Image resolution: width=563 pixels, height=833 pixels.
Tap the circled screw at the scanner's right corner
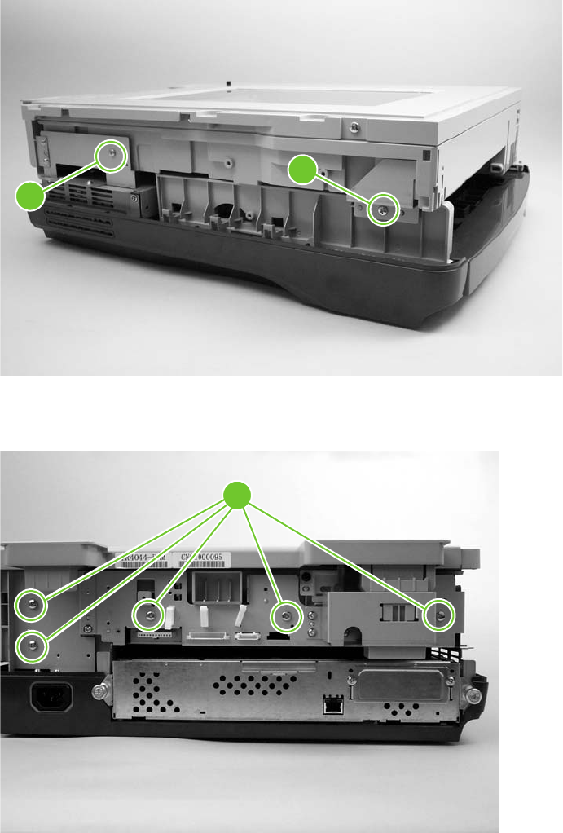382,209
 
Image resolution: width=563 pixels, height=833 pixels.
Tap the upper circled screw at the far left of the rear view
31,604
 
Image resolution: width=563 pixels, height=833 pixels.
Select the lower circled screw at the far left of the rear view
32,645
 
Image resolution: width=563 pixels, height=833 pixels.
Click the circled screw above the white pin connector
148,613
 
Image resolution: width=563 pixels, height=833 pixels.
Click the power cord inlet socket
51,697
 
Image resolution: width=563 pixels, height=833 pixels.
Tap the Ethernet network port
332,706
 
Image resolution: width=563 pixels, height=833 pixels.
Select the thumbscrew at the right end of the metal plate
470,694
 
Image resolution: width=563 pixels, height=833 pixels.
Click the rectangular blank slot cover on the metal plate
398,685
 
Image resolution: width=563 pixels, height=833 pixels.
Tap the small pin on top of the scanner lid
230,82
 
